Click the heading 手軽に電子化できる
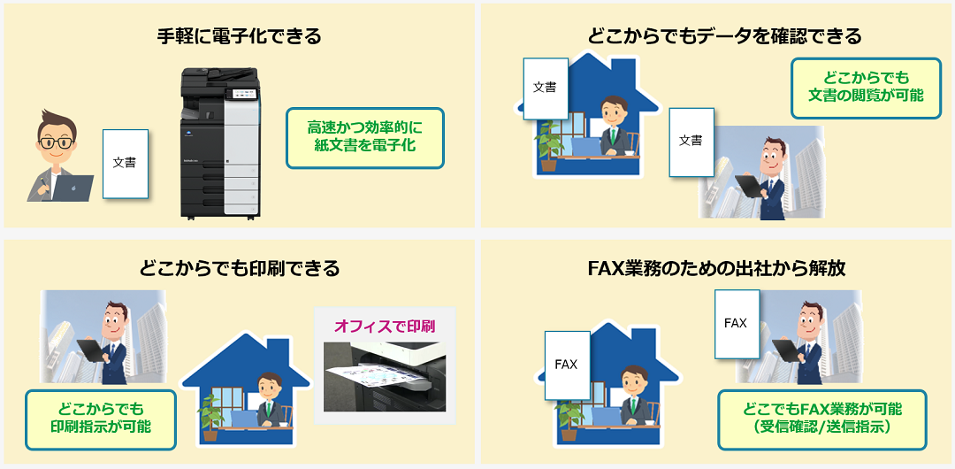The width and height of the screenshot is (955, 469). [x=240, y=36]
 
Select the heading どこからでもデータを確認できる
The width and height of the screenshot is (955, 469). [x=725, y=36]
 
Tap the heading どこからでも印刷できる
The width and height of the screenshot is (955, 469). [x=240, y=268]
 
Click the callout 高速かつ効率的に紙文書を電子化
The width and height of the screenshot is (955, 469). [x=365, y=138]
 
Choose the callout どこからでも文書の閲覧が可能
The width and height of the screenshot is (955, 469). [x=866, y=88]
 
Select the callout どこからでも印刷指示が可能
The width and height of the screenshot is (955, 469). [x=101, y=419]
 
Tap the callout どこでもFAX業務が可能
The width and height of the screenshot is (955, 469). [x=821, y=419]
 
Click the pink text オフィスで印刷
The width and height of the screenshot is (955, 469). [x=385, y=327]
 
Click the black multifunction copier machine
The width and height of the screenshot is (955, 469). [x=220, y=143]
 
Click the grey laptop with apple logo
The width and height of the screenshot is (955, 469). [x=72, y=188]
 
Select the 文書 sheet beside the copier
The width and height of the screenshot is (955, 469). [x=126, y=164]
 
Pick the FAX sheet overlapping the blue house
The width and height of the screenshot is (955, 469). [x=568, y=365]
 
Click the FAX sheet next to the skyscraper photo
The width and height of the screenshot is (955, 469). [x=737, y=324]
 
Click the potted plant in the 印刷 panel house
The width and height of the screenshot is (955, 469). [x=210, y=417]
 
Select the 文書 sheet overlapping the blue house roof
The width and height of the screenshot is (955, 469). [x=546, y=88]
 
